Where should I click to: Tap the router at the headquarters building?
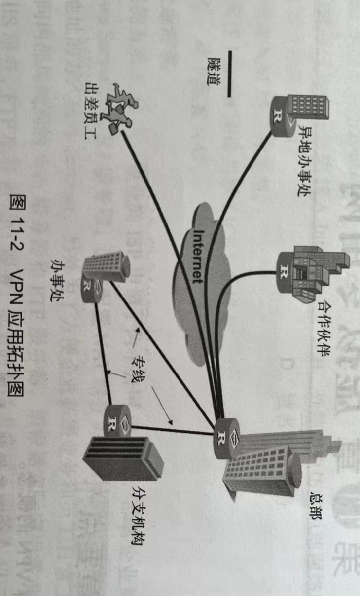pos(226,432)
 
